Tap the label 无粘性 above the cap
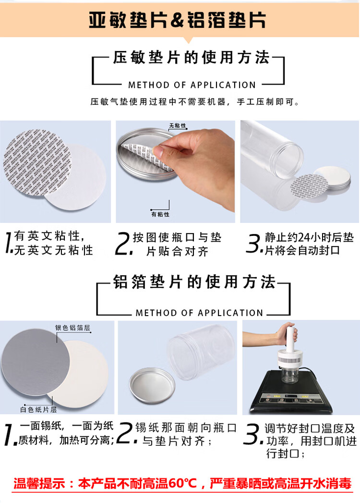pos(178,126)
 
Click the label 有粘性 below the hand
pos(160,214)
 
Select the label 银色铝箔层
pos(72,328)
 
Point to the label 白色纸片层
pos(38,409)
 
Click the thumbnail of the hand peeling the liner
pos(175,172)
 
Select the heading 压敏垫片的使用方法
pos(192,58)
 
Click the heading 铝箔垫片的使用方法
pos(194,282)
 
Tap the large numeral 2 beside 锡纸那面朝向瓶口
pos(125,433)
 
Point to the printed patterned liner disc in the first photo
pos(37,162)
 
